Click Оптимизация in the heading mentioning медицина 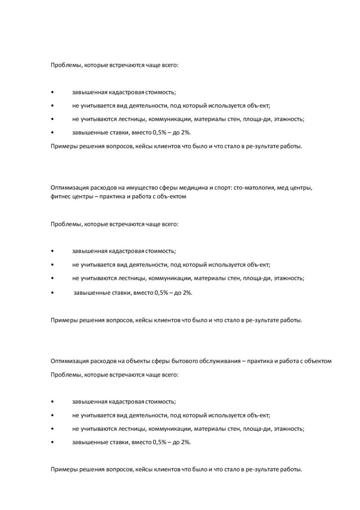68,188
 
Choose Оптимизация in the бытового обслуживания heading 68,361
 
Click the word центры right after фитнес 83,196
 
